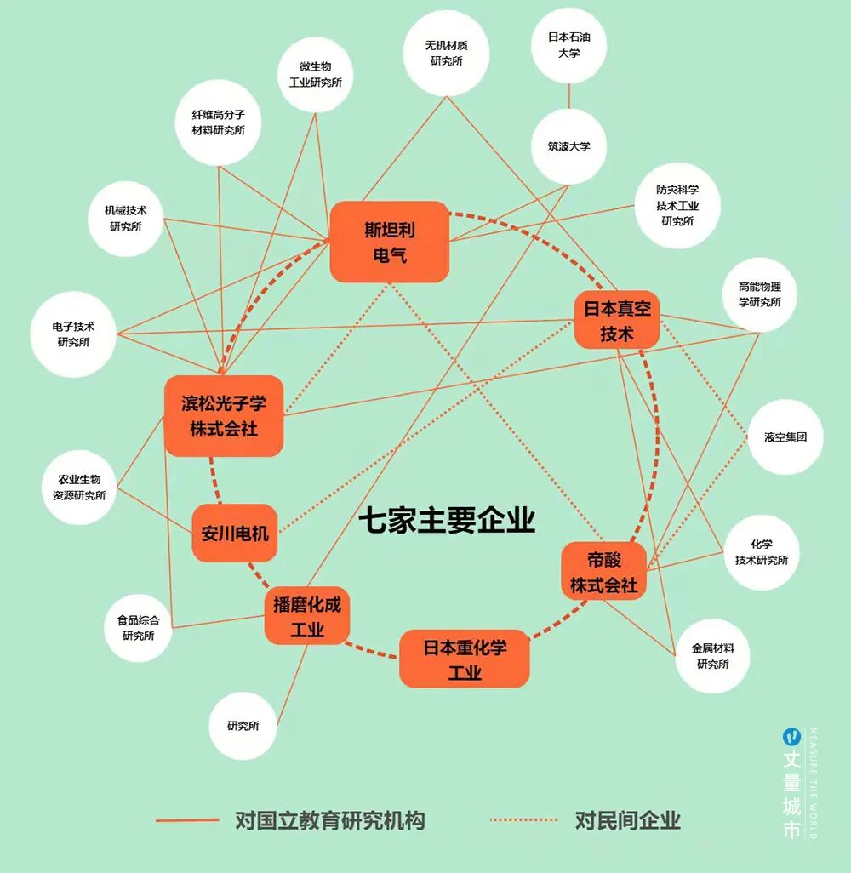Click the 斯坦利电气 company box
click(x=390, y=242)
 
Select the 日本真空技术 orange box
click(x=617, y=320)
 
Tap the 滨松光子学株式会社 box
click(x=224, y=416)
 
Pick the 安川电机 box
click(x=235, y=533)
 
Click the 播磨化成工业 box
click(x=307, y=618)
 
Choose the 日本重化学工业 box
click(x=465, y=659)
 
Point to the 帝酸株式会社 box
click(x=604, y=572)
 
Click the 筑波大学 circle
click(x=569, y=146)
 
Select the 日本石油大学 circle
click(x=569, y=45)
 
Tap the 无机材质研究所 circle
click(x=447, y=53)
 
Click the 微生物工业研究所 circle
click(x=316, y=74)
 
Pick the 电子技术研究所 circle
click(x=73, y=334)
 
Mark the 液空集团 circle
click(x=785, y=437)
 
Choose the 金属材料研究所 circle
click(x=713, y=655)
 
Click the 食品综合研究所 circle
click(x=138, y=627)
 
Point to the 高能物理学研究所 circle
click(x=760, y=294)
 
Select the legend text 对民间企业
click(x=628, y=821)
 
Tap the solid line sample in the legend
click(x=187, y=821)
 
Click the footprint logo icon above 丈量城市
click(x=791, y=735)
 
